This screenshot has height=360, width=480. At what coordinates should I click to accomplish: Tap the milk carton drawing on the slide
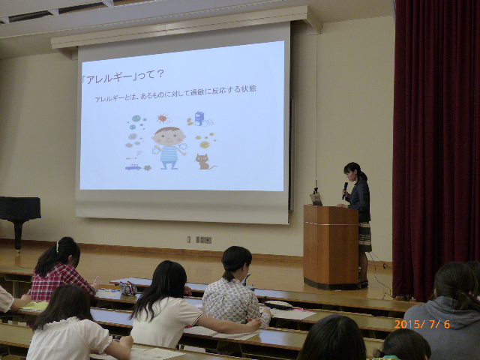(199, 118)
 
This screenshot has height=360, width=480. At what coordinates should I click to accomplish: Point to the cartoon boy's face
(169, 137)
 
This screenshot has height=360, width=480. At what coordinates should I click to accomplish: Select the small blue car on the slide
(133, 167)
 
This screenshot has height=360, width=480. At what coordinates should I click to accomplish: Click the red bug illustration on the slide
(162, 118)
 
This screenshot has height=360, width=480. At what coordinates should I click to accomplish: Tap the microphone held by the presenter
(345, 190)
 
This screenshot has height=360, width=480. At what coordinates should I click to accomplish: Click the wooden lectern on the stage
(331, 247)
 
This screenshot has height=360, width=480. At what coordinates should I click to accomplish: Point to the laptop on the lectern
(316, 199)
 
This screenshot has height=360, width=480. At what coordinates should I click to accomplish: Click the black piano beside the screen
(19, 214)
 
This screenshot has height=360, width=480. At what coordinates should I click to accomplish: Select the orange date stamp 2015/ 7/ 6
(422, 324)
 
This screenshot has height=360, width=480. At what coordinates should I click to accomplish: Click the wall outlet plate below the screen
(204, 240)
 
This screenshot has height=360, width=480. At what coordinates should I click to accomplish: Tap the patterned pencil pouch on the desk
(128, 288)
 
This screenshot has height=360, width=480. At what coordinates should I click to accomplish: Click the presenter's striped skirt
(365, 237)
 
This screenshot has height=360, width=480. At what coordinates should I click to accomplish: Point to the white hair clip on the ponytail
(57, 247)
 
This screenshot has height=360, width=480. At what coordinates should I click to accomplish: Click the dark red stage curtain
(436, 147)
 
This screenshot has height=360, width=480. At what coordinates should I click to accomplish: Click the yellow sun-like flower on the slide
(205, 144)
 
